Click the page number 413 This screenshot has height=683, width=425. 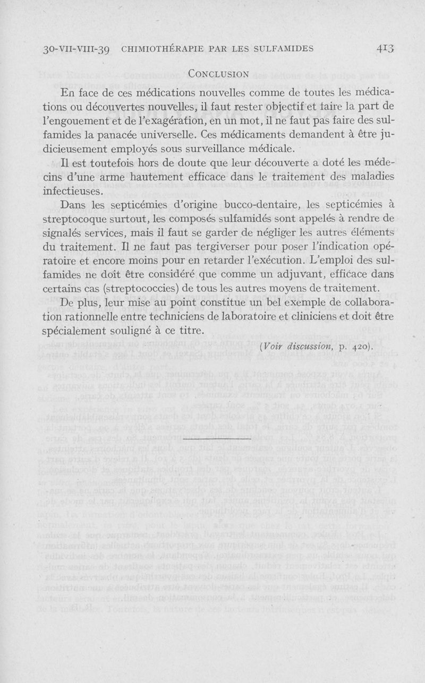pyautogui.click(x=384, y=49)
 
